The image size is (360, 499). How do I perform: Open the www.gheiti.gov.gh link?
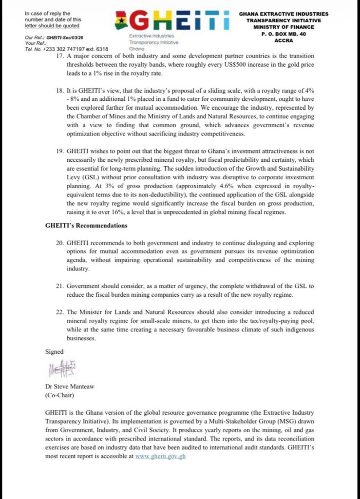[161, 457]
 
